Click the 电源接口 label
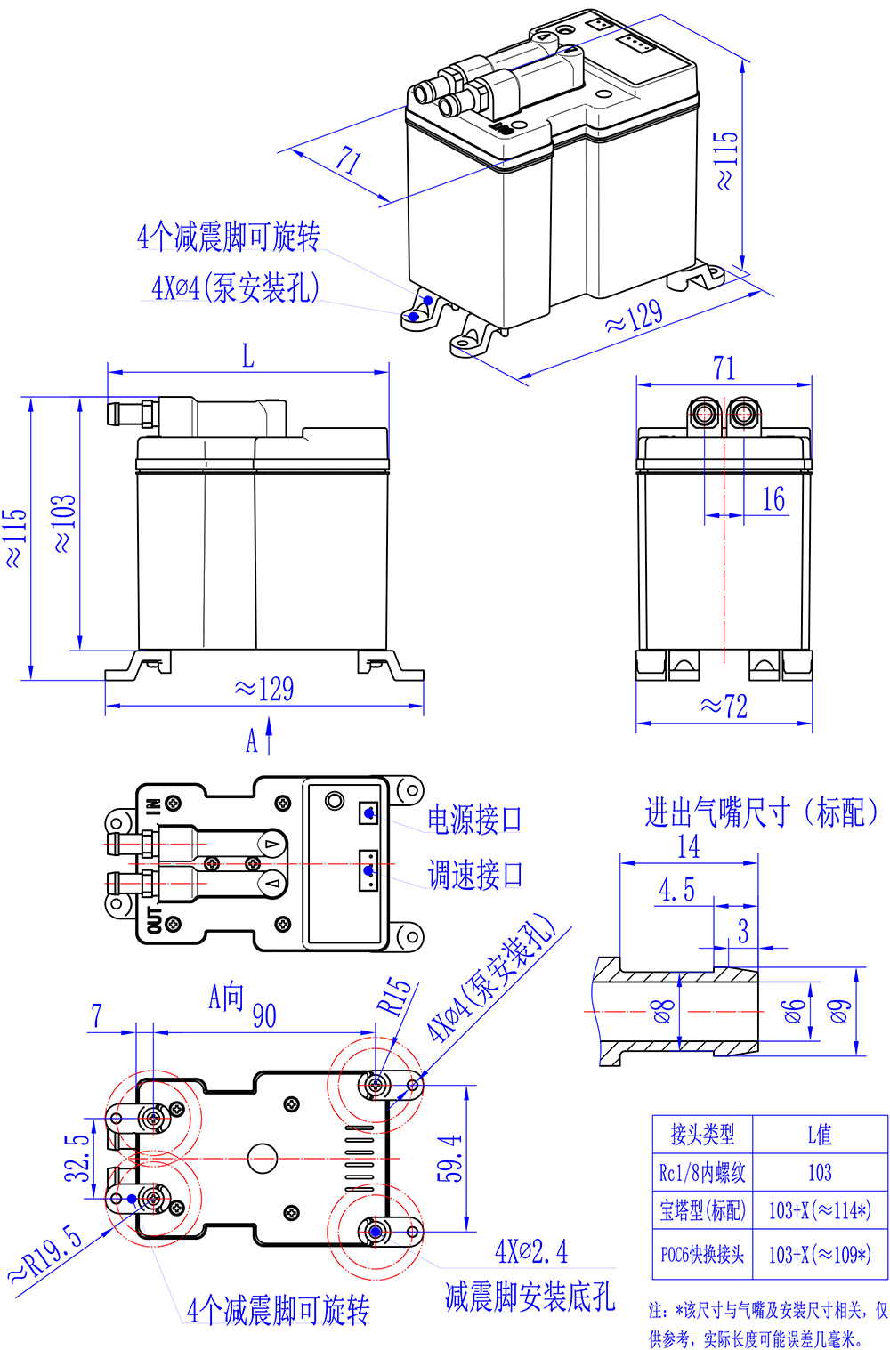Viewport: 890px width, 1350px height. [474, 820]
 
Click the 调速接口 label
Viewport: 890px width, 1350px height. [474, 875]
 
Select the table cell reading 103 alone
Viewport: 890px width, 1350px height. [820, 1172]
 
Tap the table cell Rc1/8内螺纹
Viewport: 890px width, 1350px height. [702, 1172]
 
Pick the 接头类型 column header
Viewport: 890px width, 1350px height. [702, 1134]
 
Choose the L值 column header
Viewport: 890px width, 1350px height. [820, 1134]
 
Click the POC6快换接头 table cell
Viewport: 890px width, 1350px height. [702, 1254]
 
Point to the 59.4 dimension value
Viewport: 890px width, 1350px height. [450, 1157]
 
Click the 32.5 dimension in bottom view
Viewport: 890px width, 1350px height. [78, 1157]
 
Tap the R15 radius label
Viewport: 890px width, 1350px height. [396, 997]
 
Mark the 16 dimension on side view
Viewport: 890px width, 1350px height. [773, 499]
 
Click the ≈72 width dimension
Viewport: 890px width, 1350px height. [724, 707]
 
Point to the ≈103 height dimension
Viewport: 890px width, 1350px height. [64, 523]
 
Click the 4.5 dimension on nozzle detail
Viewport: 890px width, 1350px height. [676, 890]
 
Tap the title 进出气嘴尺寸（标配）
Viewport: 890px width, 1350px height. [761, 812]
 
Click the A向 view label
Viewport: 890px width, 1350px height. [226, 997]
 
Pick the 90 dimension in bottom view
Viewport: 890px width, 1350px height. [264, 1015]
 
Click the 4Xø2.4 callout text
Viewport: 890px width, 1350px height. [531, 1251]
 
